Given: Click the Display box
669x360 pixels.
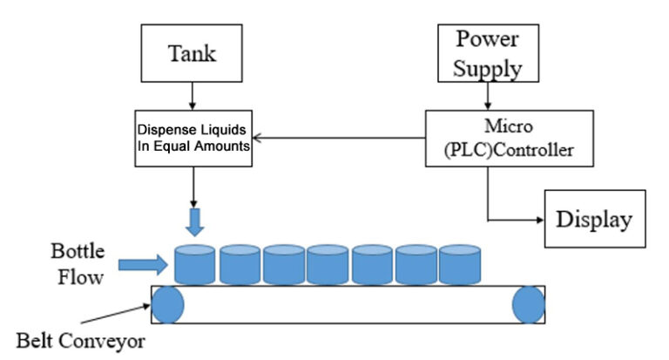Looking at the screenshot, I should (595, 219).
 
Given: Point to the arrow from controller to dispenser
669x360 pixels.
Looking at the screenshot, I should (340, 135).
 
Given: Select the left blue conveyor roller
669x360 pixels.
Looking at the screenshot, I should (168, 305).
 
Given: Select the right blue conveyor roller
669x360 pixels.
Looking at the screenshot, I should (528, 305).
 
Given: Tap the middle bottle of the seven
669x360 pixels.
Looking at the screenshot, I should (328, 263).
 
